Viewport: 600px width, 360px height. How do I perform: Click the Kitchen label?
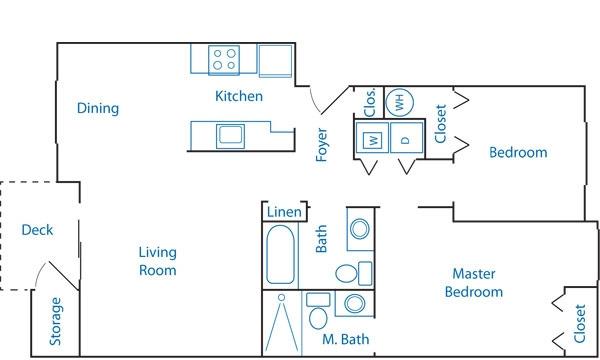(x=239, y=96)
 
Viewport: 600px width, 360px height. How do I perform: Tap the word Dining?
(x=98, y=108)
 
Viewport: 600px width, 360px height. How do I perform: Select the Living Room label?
(x=158, y=261)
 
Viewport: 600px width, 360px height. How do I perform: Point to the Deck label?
(x=37, y=230)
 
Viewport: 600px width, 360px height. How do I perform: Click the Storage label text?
(x=55, y=321)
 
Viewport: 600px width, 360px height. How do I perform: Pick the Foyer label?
(x=322, y=145)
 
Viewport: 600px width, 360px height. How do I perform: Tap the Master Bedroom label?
(x=474, y=283)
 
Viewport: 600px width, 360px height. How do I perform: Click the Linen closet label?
(x=284, y=212)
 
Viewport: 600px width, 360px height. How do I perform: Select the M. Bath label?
(x=346, y=339)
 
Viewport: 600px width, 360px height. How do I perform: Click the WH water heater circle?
(x=399, y=103)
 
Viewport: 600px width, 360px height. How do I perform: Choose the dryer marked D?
(x=406, y=138)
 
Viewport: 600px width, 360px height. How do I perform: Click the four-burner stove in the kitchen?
(x=224, y=60)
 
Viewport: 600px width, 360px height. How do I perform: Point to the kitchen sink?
(x=230, y=136)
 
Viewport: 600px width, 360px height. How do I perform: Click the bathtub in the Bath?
(x=280, y=255)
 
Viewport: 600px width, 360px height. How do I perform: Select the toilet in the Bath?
(x=353, y=274)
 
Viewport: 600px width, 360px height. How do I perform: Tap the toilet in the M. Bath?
(x=318, y=311)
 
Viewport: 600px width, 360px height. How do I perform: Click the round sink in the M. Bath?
(x=354, y=303)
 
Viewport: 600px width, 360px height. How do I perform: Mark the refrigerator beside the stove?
(x=276, y=61)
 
